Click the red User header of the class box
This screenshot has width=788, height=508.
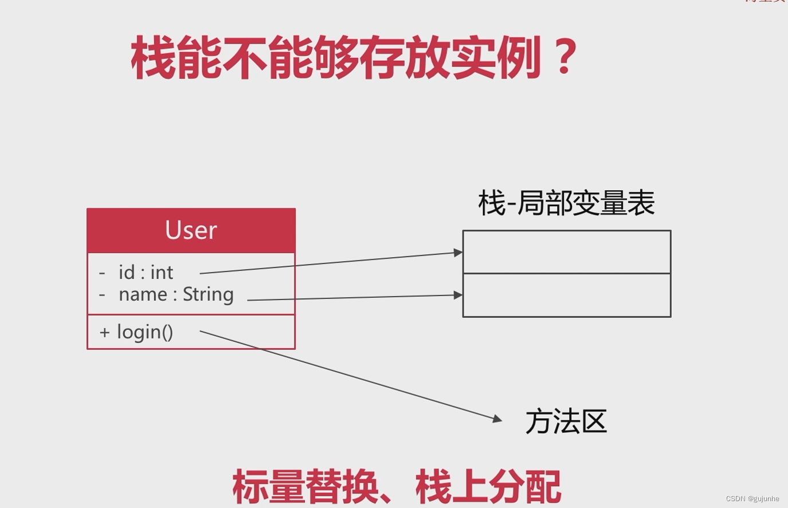pos(191,230)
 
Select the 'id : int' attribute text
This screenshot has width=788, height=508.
pos(146,273)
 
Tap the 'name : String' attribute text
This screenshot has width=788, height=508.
pos(176,294)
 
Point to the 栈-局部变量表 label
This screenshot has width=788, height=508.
pos(566,203)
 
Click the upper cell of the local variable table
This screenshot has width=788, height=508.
pos(566,252)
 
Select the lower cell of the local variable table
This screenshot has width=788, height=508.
pos(566,296)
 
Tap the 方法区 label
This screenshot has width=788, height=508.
pos(566,422)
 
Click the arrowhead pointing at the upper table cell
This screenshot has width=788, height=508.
pos(458,252)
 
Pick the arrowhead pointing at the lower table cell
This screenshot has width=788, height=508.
pos(458,295)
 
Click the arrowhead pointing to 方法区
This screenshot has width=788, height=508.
pos(497,419)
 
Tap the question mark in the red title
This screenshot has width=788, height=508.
pos(566,57)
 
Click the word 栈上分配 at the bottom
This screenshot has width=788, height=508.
pos(488,486)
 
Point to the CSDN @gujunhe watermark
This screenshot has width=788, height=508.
pos(752,499)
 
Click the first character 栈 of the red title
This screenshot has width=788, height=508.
pos(154,57)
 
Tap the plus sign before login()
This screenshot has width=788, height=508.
pos(104,333)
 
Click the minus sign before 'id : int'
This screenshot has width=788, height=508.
pos(102,273)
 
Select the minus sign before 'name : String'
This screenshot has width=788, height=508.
pos(102,295)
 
